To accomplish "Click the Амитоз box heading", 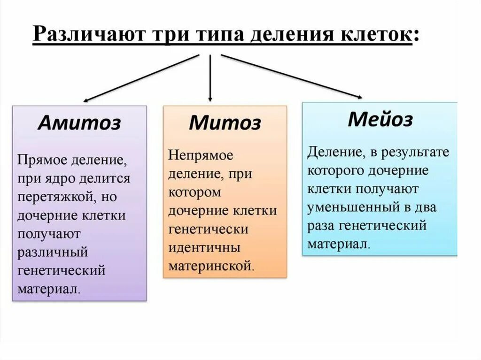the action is click(x=79, y=123).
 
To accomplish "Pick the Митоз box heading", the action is click(x=225, y=123).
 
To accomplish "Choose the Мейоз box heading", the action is click(x=380, y=119).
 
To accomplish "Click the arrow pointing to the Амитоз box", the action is click(x=141, y=78).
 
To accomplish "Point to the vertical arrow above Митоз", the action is click(x=210, y=77).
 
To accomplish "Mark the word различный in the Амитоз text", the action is click(x=53, y=252).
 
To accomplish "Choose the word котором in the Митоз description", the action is click(x=194, y=192).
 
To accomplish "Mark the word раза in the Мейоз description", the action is click(x=322, y=226).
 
